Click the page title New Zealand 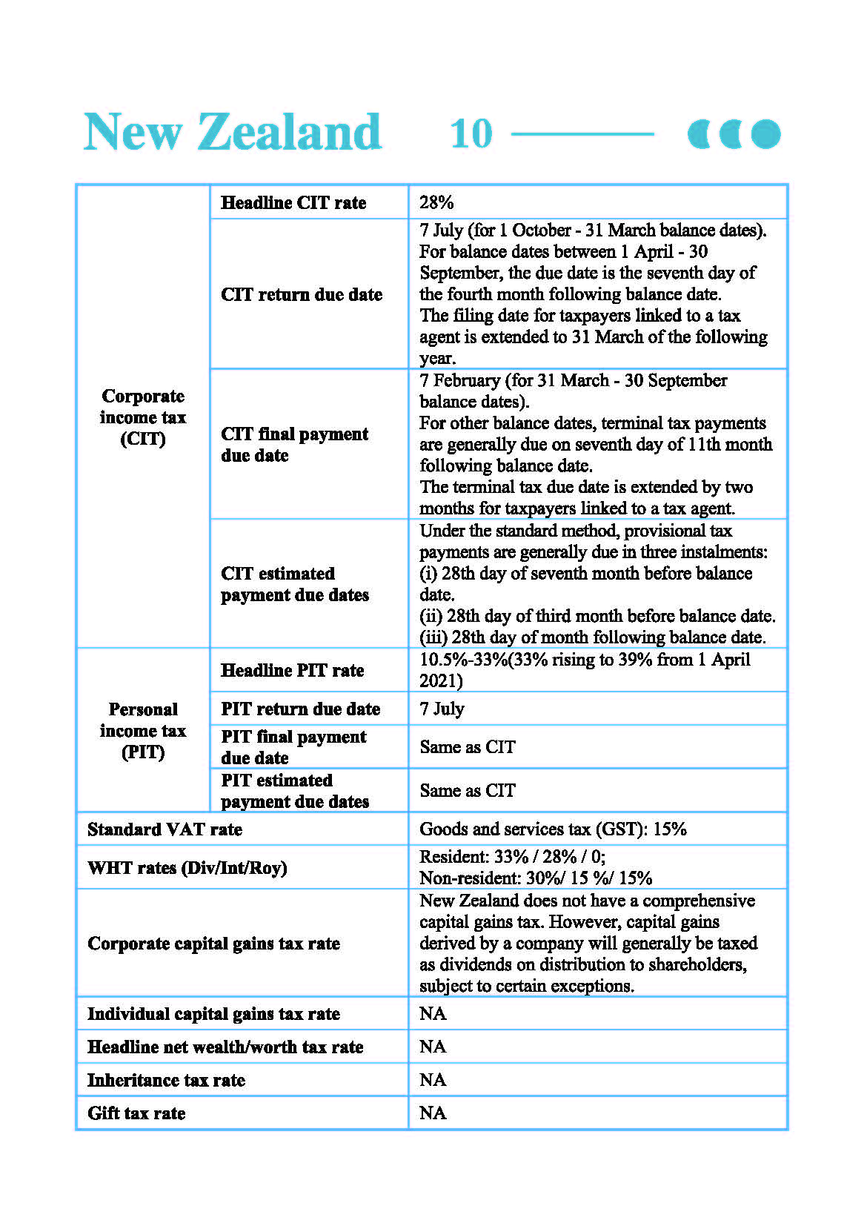[233, 132]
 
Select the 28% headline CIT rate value [436, 202]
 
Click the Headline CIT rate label [293, 202]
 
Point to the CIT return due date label [302, 294]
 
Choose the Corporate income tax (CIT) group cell [143, 417]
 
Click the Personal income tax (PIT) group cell [143, 731]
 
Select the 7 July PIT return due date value [442, 709]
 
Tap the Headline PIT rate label [293, 670]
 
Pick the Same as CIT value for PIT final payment [467, 747]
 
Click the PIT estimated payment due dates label [295, 790]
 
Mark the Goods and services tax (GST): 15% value [553, 829]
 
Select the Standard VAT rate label [165, 829]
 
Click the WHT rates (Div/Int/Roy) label [187, 867]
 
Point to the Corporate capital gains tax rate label [213, 943]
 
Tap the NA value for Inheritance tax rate [433, 1079]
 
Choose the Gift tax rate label [136, 1113]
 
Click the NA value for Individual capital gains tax [433, 1013]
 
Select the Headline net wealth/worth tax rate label [225, 1047]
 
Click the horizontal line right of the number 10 [582, 134]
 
